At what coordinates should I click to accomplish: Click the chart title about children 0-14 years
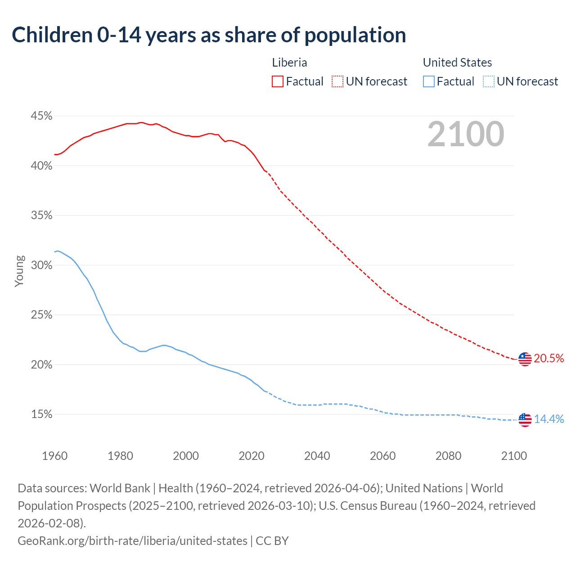[x=209, y=35]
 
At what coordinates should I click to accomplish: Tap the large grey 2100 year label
[x=465, y=134]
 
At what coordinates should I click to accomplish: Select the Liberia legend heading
[x=289, y=63]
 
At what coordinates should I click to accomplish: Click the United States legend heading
[x=457, y=63]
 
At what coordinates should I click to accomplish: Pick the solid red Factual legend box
[x=278, y=81]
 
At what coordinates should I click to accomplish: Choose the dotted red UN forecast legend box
[x=337, y=81]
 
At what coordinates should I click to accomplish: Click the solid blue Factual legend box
[x=429, y=81]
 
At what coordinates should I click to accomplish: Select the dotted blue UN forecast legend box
[x=489, y=81]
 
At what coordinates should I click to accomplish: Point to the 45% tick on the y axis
[x=41, y=116]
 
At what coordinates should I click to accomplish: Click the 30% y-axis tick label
[x=41, y=265]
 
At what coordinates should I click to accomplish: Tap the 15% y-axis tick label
[x=41, y=414]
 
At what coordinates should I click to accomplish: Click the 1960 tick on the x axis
[x=55, y=456]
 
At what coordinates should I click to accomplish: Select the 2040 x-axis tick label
[x=317, y=456]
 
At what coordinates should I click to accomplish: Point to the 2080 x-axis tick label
[x=448, y=456]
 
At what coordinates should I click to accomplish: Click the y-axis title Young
[x=19, y=271]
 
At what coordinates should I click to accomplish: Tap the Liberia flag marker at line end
[x=525, y=359]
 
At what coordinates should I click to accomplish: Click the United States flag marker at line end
[x=525, y=420]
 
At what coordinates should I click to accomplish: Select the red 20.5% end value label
[x=549, y=358]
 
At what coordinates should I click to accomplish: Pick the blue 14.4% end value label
[x=549, y=419]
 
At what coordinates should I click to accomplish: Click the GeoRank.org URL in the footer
[x=132, y=540]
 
